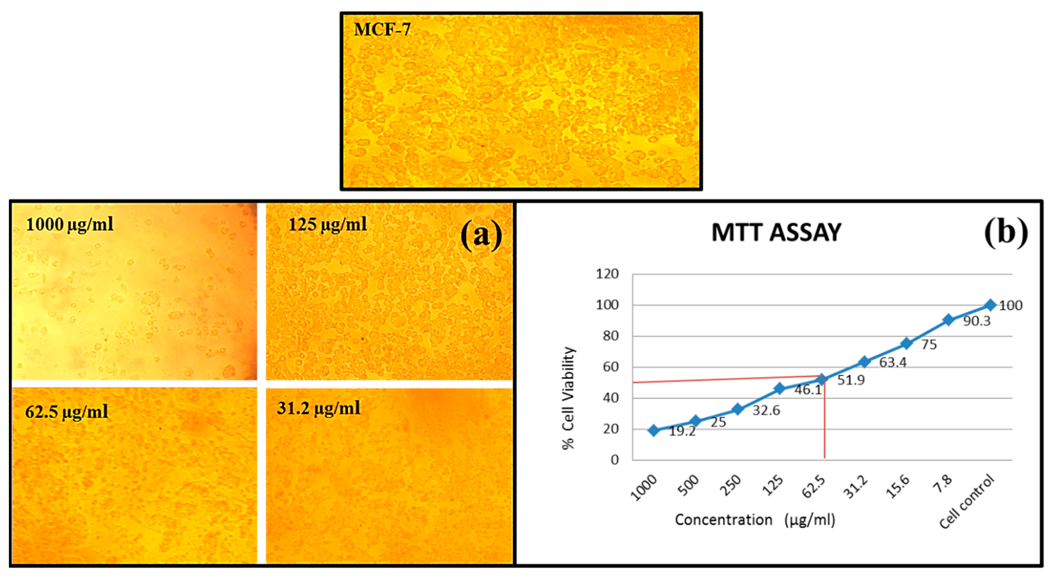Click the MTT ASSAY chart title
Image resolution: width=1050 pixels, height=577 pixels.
click(x=776, y=233)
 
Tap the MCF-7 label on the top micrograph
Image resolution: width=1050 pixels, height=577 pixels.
click(x=382, y=29)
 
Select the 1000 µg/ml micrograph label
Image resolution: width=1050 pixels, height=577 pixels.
click(x=70, y=224)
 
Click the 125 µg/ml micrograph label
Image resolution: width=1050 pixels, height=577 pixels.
click(x=328, y=224)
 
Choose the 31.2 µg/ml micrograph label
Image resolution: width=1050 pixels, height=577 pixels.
click(x=319, y=408)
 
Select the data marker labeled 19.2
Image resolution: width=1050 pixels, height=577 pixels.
click(x=654, y=430)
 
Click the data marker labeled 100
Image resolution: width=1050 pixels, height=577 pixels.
click(x=990, y=305)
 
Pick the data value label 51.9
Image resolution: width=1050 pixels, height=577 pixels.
click(x=851, y=380)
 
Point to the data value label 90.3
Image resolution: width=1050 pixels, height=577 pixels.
click(x=977, y=321)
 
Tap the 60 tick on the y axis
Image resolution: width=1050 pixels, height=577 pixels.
click(x=610, y=367)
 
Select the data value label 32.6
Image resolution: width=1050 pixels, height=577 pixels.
click(x=766, y=410)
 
